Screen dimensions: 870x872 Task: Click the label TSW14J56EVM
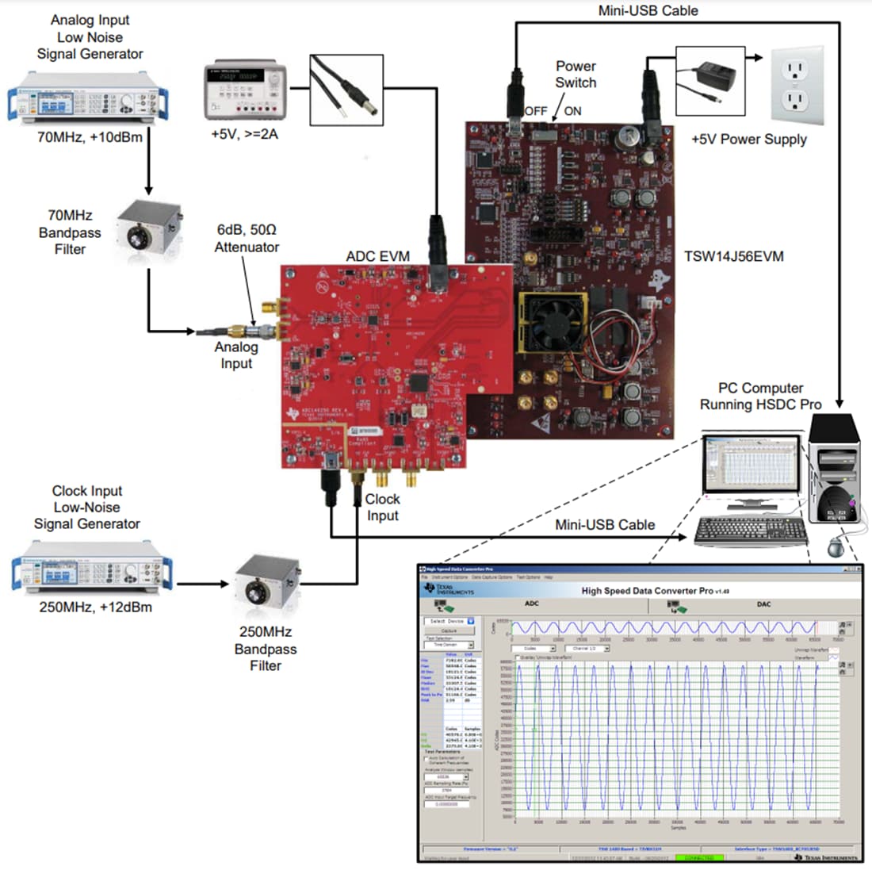pos(733,256)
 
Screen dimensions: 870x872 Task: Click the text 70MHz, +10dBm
pos(90,136)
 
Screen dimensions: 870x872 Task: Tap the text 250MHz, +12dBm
pos(95,607)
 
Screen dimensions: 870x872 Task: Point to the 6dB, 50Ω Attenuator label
pos(247,238)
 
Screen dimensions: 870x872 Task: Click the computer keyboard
pos(750,531)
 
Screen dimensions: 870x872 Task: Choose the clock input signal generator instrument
pos(92,567)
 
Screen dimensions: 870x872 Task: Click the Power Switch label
pos(576,75)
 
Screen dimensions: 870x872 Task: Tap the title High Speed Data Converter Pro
pos(647,590)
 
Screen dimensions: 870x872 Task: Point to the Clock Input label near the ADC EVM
pos(382,507)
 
